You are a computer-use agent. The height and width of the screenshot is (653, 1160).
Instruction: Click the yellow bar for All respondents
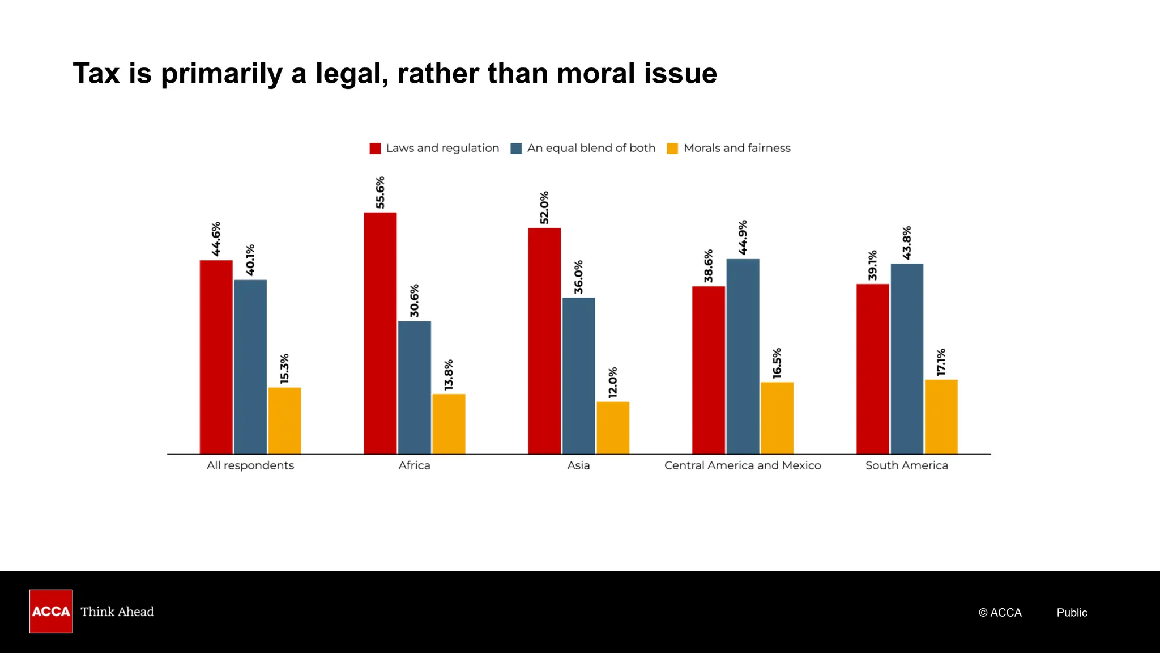coord(284,421)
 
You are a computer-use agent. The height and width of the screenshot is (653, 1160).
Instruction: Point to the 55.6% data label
coord(380,192)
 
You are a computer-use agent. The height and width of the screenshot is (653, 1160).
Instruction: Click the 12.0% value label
coord(613,382)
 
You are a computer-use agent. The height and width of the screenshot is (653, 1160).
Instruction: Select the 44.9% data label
coord(743,237)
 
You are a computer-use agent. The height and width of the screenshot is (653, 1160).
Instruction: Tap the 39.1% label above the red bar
coord(872,265)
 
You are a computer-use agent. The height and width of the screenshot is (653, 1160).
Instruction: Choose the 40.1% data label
coord(250,260)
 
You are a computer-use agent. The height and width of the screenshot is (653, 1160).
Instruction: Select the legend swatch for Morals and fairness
coord(672,149)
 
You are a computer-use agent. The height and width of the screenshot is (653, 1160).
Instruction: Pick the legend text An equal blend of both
coord(591,148)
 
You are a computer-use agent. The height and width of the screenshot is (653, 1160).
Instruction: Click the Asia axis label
coord(578,465)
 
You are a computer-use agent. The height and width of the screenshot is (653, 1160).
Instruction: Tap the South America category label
coord(906,465)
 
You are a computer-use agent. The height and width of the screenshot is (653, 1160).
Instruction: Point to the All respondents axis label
coord(250,465)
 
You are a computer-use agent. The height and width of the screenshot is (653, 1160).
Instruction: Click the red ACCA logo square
coord(51,611)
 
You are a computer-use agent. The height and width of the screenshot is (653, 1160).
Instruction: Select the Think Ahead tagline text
coord(117,612)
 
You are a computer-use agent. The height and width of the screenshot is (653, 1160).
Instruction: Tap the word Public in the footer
coord(1072,613)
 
